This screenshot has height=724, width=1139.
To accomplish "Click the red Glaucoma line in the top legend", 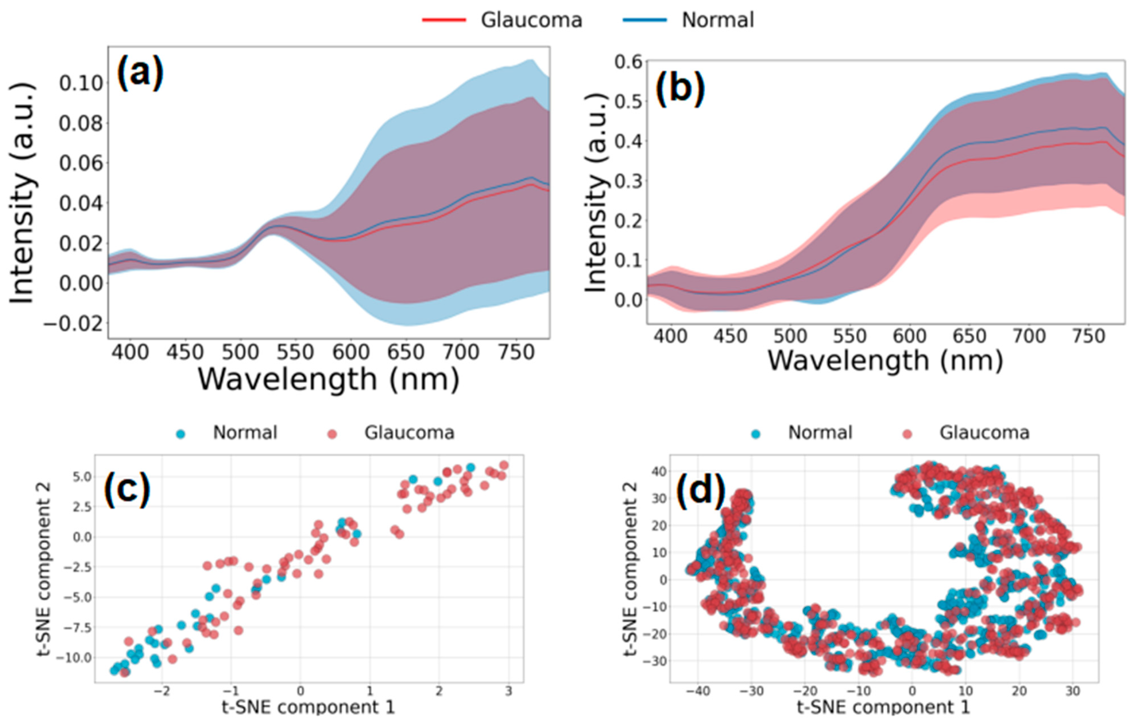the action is pos(444,20).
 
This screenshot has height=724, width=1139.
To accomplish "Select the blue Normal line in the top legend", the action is pos(645,20).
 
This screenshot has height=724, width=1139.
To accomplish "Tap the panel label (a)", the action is pos(140,72).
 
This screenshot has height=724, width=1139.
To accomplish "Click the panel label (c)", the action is pos(127,489).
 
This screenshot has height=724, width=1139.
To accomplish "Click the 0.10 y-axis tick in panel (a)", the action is pos(81,83).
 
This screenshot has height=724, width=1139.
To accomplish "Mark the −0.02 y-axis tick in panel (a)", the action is pos(73,324).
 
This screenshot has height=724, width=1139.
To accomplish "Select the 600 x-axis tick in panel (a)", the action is pos(351,352).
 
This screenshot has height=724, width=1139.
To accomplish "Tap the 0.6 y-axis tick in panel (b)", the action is pos(629,62).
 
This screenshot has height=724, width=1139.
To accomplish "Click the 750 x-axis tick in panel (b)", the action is pos(1089,336).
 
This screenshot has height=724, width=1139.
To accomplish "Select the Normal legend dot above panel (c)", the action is pos(180,434).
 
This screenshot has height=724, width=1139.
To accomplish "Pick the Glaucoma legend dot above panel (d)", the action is pos(907,434).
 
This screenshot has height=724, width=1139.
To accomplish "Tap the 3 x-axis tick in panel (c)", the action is pos(509,691).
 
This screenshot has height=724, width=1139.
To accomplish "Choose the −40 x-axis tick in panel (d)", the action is pos(698,691).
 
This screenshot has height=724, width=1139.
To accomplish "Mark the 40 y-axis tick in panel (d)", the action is pos(657,471).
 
